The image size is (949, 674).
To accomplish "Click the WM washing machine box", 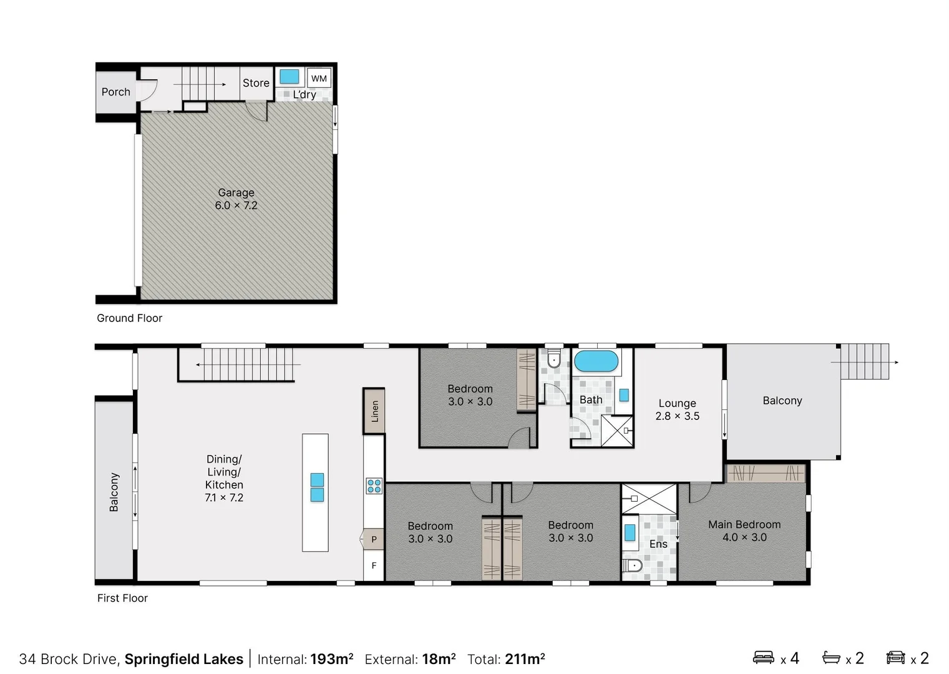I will click(319, 79).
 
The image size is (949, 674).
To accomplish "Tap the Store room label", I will click(256, 83).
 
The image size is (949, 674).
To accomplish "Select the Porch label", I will click(116, 92).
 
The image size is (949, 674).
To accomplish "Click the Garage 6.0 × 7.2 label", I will click(236, 199).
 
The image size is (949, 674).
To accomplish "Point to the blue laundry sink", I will click(289, 77).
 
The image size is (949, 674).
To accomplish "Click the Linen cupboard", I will click(374, 411).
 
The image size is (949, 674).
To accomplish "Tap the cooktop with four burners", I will click(374, 486).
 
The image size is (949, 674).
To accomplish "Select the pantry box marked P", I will click(374, 539).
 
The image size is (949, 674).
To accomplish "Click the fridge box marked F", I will click(374, 565).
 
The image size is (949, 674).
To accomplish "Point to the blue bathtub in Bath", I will click(596, 361).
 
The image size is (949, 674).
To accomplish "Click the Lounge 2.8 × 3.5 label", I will click(677, 409).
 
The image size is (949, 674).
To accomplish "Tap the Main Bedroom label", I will click(744, 530).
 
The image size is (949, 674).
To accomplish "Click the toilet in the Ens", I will click(632, 566).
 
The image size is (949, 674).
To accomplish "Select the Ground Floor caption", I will click(129, 318).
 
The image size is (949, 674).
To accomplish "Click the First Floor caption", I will click(122, 598).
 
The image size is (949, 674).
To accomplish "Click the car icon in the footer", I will click(895, 657).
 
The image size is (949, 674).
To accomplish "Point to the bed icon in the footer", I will click(764, 657).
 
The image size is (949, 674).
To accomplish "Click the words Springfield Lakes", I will click(183, 659).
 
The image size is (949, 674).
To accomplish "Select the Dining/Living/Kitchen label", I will click(224, 478).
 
